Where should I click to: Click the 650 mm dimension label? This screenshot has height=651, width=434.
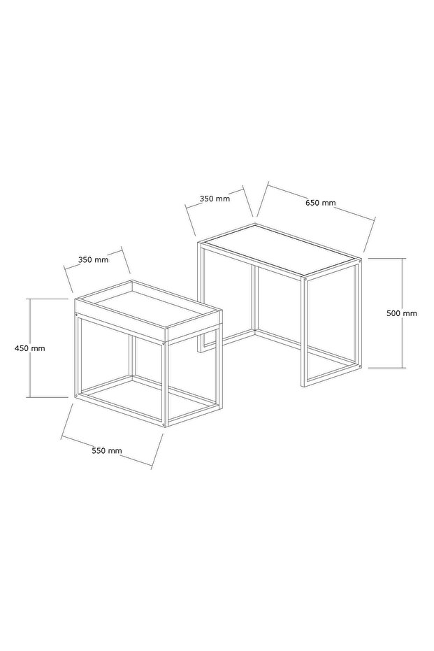(x=320, y=203)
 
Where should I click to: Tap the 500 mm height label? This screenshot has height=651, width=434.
(x=402, y=313)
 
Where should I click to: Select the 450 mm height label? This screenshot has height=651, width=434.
(x=30, y=348)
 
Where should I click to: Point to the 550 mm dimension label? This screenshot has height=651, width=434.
(x=107, y=451)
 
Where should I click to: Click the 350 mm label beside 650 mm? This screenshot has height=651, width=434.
(x=215, y=199)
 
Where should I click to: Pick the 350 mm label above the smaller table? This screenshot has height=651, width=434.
(x=94, y=260)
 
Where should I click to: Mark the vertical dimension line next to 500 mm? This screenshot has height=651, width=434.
(x=402, y=313)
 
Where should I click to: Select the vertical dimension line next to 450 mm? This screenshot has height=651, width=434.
(x=30, y=348)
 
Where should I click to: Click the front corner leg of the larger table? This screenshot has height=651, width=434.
(x=303, y=331)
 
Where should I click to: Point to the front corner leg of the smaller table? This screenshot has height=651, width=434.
(x=166, y=384)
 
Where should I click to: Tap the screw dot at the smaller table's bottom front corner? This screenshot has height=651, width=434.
(x=165, y=424)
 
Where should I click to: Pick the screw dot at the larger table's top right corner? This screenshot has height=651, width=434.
(x=359, y=260)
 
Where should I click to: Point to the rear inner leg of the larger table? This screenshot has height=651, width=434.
(x=254, y=299)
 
